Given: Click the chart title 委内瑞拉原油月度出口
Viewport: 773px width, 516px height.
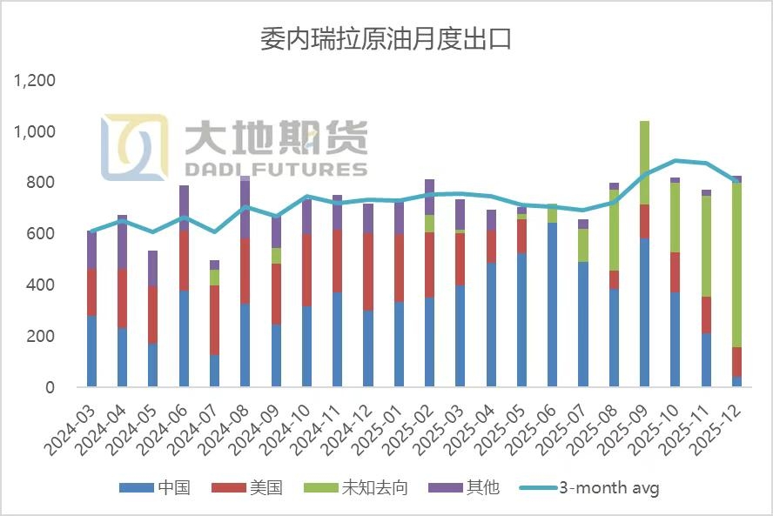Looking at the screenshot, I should tap(386, 38).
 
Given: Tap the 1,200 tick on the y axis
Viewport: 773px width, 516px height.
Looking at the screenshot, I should tap(35, 81).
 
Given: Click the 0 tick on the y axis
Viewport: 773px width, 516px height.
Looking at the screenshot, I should tap(50, 387).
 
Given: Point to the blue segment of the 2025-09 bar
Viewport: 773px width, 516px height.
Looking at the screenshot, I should tap(644, 312).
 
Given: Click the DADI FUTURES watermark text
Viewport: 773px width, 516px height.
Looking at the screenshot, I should tap(275, 169).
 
